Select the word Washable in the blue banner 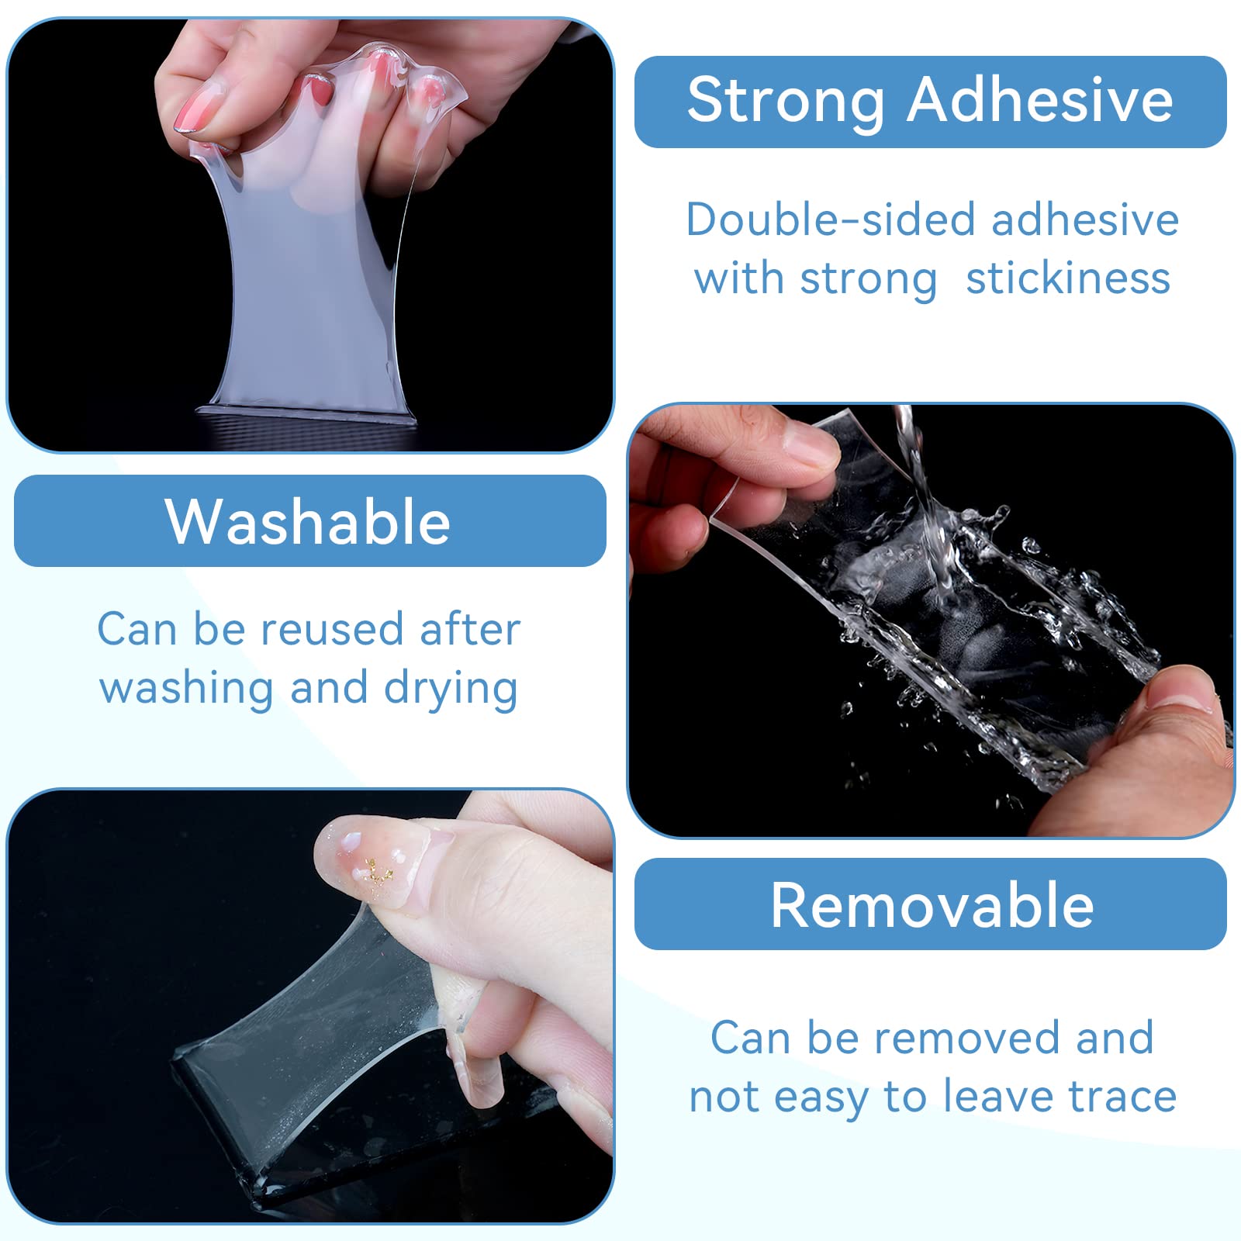tap(308, 521)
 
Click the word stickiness tap(1068, 278)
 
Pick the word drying tap(451, 690)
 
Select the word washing tap(187, 690)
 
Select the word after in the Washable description tap(469, 629)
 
